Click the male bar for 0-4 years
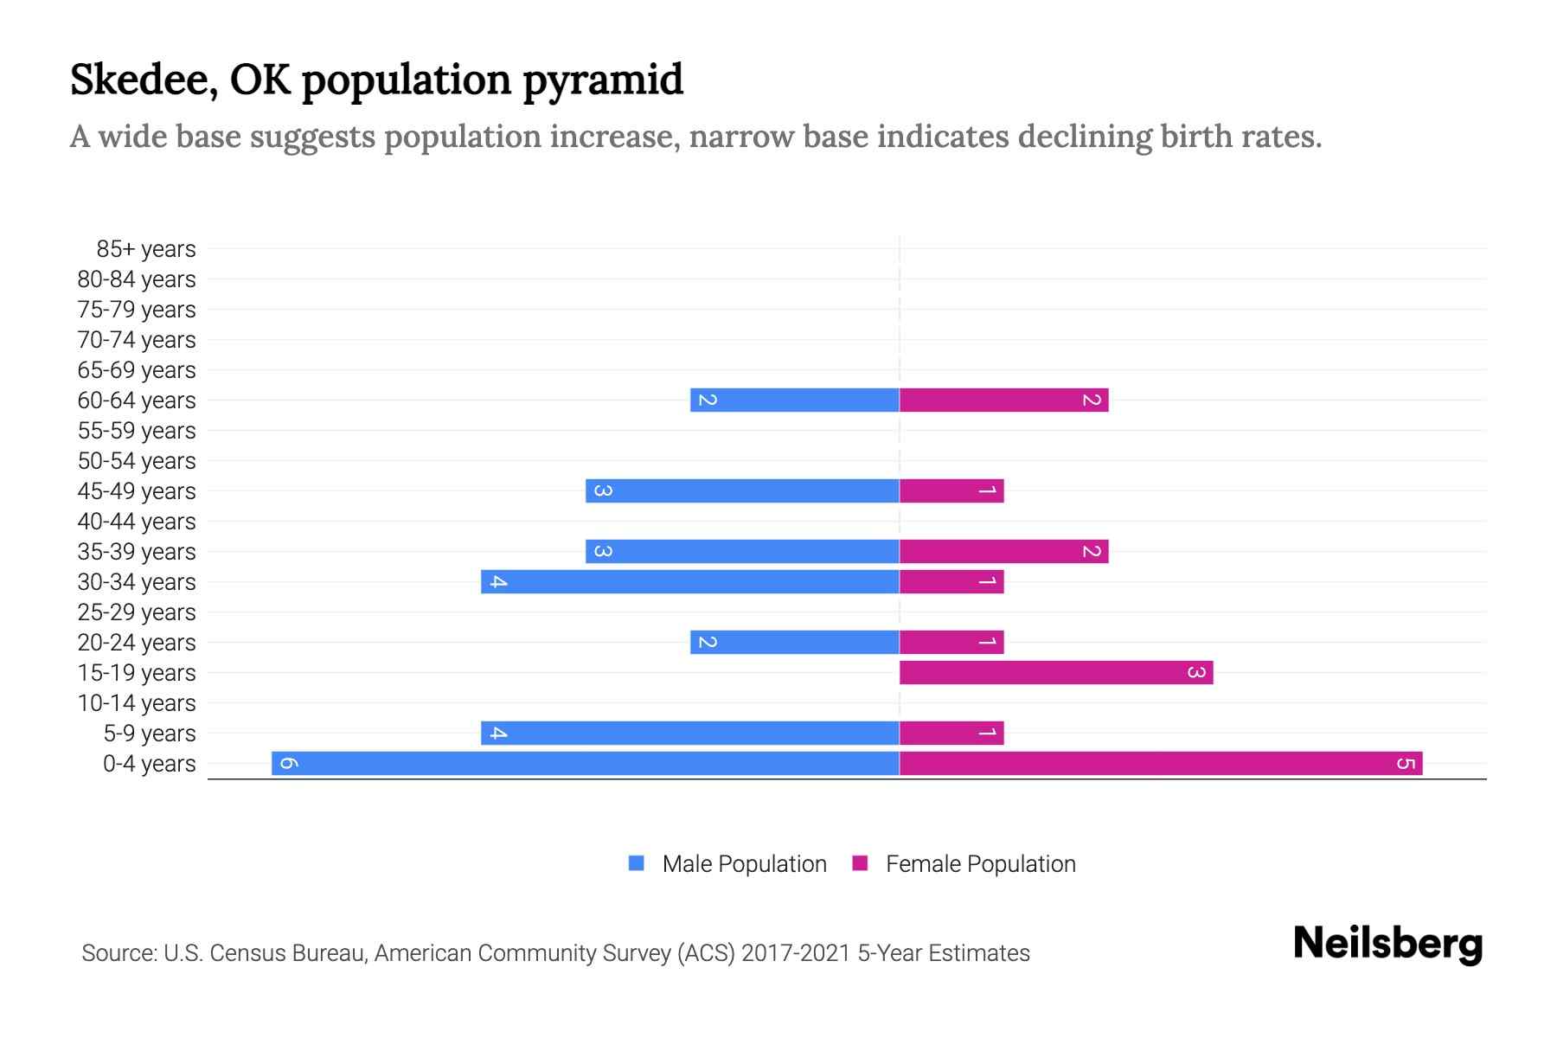coord(586,763)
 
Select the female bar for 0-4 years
coord(1161,763)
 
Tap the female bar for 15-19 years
coord(1055,672)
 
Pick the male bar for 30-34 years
coord(690,581)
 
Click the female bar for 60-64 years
coord(1003,400)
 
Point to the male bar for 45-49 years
coord(742,490)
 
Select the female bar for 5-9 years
coord(951,733)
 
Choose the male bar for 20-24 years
coord(794,642)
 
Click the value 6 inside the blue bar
coord(289,763)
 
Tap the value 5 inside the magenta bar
coord(1406,763)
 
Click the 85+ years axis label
coord(145,249)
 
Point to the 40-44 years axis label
coord(137,522)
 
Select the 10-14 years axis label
coord(137,703)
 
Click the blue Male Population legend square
coord(637,863)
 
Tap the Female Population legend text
coord(980,863)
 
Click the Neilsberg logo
coord(1387,944)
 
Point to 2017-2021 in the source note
coord(796,953)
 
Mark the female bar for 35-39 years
coord(1003,551)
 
